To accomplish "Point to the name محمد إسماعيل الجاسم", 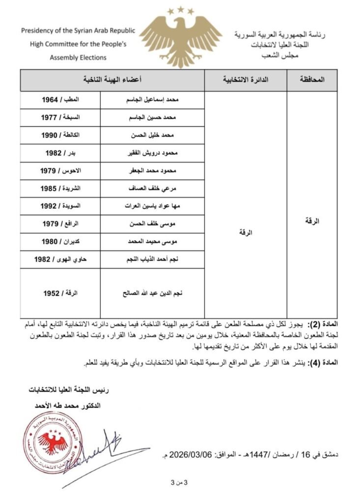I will click(x=152, y=99).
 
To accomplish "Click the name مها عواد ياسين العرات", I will click(x=152, y=206).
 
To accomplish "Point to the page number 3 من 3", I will click(x=176, y=483).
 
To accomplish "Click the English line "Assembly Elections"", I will click(x=78, y=57).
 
